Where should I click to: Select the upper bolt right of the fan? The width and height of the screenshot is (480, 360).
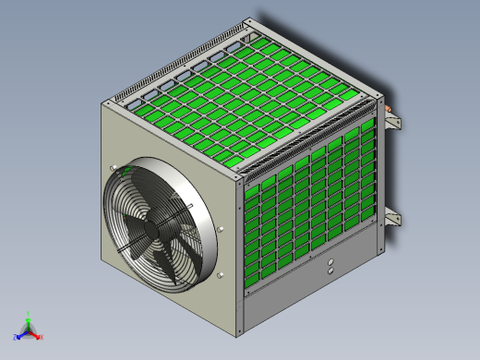click(x=221, y=226)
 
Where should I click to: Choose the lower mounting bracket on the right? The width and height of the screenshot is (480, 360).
click(x=393, y=218)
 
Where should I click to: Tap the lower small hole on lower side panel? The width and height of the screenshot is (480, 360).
click(x=330, y=272)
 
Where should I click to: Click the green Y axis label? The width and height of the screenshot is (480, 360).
click(x=29, y=313)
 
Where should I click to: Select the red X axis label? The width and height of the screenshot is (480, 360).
click(x=42, y=337)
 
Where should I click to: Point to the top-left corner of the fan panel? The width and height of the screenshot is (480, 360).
click(x=102, y=105)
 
